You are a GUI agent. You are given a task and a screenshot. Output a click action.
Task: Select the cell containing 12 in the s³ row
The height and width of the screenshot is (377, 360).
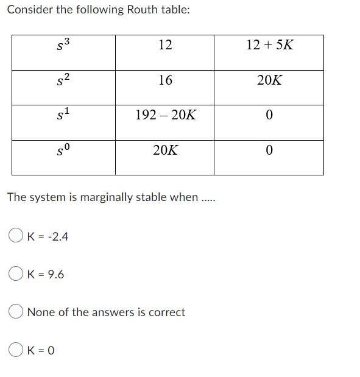click(x=164, y=44)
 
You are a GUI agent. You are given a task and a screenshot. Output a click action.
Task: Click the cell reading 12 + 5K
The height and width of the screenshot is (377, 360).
click(x=269, y=44)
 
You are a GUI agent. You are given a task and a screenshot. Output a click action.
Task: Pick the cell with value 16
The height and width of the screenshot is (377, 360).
click(x=164, y=80)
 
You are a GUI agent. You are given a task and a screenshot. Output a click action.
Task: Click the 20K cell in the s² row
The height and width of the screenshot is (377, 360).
click(x=269, y=80)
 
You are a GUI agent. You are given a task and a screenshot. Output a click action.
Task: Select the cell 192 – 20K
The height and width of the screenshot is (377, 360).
click(x=165, y=115)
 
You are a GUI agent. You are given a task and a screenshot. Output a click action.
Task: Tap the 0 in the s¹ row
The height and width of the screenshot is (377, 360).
click(x=269, y=115)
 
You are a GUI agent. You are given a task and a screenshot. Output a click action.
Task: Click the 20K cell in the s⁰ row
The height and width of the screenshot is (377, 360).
click(x=165, y=150)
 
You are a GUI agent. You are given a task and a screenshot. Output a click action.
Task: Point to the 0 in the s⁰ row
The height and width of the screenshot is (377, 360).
click(x=269, y=150)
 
